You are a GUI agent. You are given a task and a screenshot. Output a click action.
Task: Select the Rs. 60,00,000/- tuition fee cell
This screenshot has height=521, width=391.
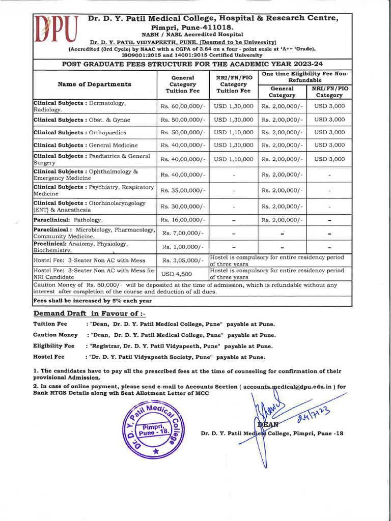tap(183, 106)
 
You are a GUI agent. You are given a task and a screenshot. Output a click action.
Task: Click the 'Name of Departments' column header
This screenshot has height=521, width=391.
tap(94, 84)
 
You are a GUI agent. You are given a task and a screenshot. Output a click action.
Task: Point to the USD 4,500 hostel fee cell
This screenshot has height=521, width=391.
tap(183, 274)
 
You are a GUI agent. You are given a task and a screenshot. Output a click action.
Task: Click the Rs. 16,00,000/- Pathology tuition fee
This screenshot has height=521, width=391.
tap(183, 220)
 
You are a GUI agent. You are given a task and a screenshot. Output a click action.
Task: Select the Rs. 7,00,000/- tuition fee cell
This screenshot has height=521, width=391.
tap(183, 233)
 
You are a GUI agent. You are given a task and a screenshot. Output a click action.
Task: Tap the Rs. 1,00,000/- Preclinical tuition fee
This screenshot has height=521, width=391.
tap(183, 247)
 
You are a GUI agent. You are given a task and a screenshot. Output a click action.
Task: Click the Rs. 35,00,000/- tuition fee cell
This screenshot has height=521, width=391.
tap(183, 190)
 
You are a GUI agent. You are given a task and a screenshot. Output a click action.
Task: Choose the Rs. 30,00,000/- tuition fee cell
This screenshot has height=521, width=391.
tap(183, 206)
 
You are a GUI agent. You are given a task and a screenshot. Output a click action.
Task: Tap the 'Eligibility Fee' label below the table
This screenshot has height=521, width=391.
tap(53, 346)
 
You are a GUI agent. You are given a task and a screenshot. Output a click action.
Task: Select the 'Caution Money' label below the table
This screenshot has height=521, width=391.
tap(55, 335)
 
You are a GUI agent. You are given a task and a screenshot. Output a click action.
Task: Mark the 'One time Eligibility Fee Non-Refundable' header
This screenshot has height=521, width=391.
tap(305, 77)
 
